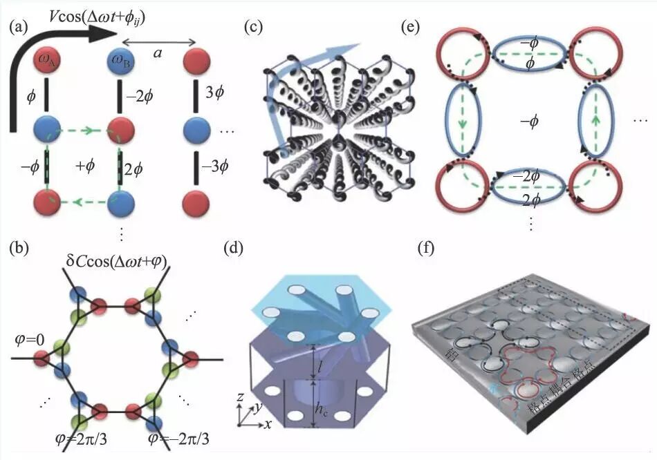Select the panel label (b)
pyautogui.click(x=20, y=247)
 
